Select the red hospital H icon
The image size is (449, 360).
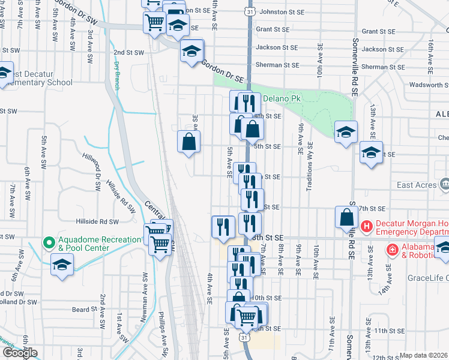tap(368, 227)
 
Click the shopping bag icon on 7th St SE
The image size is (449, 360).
tap(348, 217)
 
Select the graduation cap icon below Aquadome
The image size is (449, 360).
tap(62, 265)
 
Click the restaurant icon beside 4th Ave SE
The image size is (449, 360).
tap(223, 226)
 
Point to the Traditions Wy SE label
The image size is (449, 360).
tap(310, 166)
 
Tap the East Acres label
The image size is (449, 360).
tap(417, 185)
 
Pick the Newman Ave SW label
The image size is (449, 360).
tap(145, 290)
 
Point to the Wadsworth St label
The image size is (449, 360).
tap(427, 85)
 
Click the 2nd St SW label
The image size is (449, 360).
tap(129, 52)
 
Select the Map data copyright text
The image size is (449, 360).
tap(424, 355)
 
